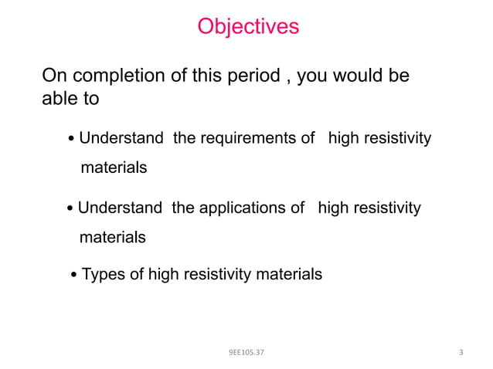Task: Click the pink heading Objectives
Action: pyautogui.click(x=247, y=27)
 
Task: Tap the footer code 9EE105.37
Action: pyautogui.click(x=246, y=353)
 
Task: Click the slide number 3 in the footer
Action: pyautogui.click(x=461, y=353)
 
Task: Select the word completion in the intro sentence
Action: pyautogui.click(x=107, y=76)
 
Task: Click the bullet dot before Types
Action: pyautogui.click(x=74, y=275)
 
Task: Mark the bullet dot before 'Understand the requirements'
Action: pyautogui.click(x=72, y=140)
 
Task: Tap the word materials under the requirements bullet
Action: pyautogui.click(x=114, y=168)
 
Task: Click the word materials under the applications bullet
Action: pyautogui.click(x=112, y=237)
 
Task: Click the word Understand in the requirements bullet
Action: pyautogui.click(x=121, y=139)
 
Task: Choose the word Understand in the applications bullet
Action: pyautogui.click(x=120, y=208)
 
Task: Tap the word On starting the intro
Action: pyautogui.click(x=53, y=76)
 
